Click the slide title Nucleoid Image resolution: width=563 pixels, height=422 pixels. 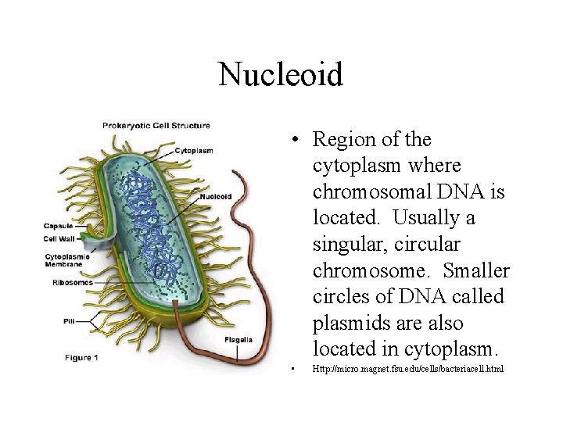pyautogui.click(x=281, y=75)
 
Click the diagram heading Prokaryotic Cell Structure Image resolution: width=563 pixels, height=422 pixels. pyautogui.click(x=156, y=125)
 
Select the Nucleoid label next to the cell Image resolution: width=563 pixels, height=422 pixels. pyautogui.click(x=215, y=197)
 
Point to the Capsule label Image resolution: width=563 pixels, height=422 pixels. pyautogui.click(x=59, y=226)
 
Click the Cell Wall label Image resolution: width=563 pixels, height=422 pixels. pyautogui.click(x=59, y=238)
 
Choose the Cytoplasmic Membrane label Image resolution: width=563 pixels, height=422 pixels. pyautogui.click(x=67, y=260)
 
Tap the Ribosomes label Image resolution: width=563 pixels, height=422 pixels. pyautogui.click(x=73, y=282)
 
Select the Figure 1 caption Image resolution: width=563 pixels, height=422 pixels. pyautogui.click(x=81, y=358)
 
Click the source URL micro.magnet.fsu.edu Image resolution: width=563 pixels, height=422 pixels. pyautogui.click(x=407, y=367)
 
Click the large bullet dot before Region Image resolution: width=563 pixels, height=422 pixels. pyautogui.click(x=291, y=141)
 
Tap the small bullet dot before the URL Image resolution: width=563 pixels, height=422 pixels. pyautogui.click(x=290, y=368)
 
